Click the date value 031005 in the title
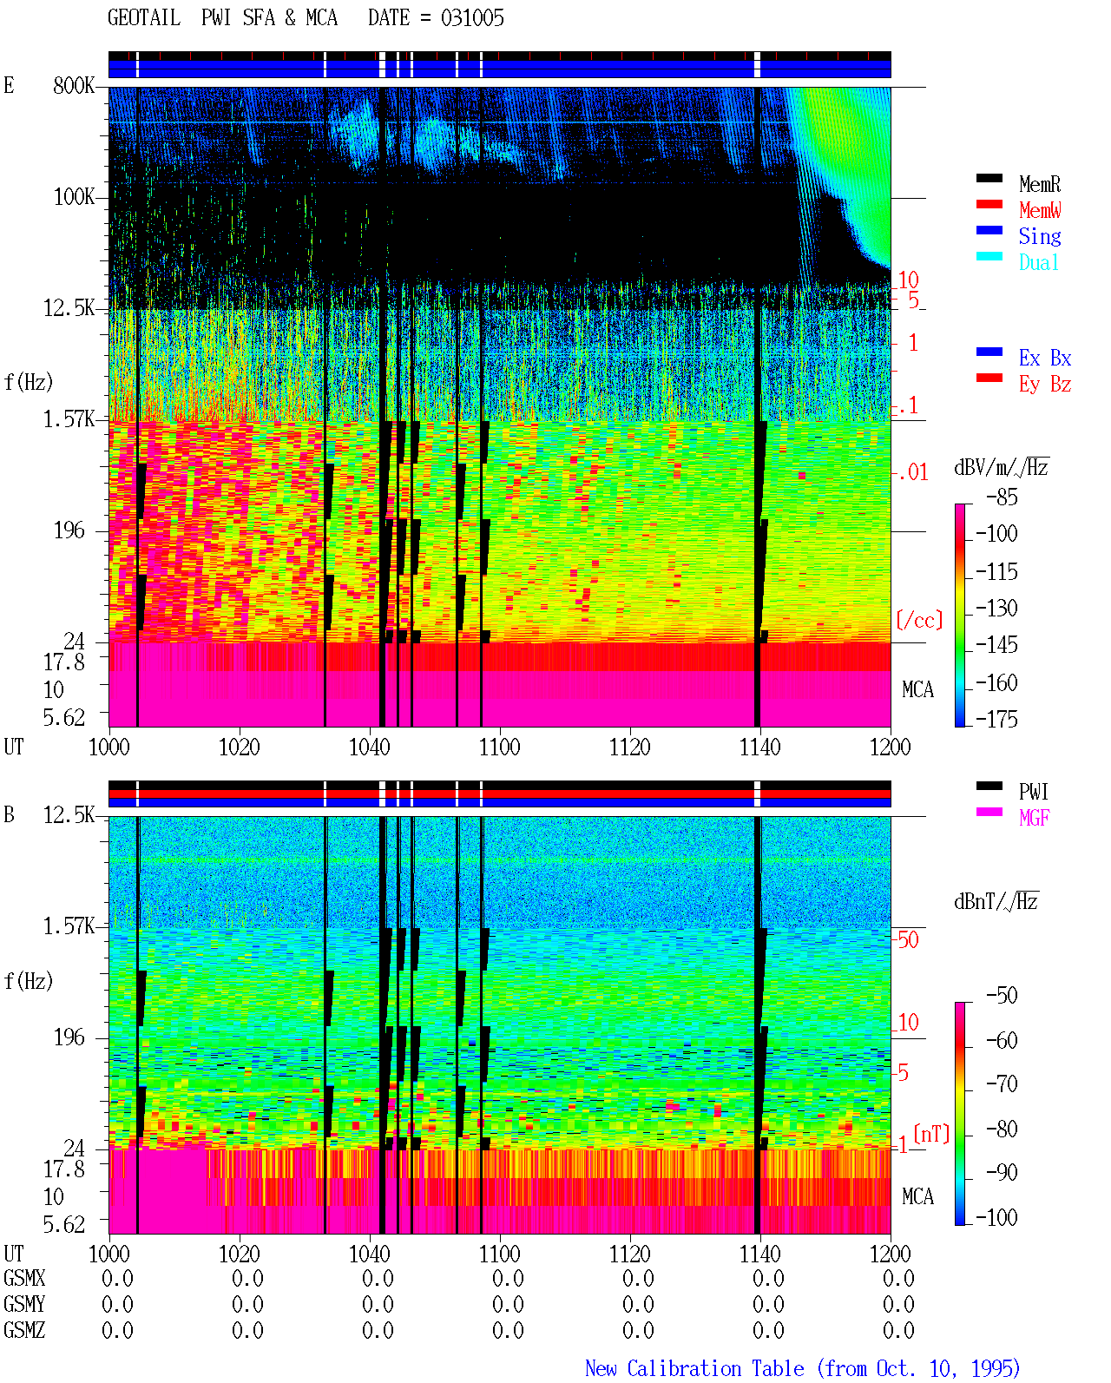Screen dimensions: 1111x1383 coord(472,18)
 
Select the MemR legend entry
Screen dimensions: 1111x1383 coord(1039,184)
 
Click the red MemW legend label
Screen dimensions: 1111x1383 coord(1039,210)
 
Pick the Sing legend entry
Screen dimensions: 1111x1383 coord(1039,236)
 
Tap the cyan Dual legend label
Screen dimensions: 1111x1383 coord(1039,262)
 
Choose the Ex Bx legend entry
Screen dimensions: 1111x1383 coord(1044,358)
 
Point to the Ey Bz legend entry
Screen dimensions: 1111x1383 coord(1044,385)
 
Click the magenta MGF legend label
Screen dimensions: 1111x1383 coord(1034,818)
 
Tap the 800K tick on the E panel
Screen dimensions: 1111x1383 coord(74,85)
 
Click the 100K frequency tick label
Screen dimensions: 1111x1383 coord(74,197)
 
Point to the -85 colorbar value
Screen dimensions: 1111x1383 coord(1002,497)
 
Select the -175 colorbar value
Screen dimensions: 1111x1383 coord(996,719)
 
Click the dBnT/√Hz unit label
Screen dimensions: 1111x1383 coord(996,901)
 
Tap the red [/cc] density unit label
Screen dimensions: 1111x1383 coord(919,620)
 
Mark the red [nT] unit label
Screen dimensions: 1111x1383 coord(931,1134)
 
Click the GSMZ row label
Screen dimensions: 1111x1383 coord(24,1329)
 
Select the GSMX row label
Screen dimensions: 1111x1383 coord(24,1278)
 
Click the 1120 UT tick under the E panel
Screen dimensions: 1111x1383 coord(630,747)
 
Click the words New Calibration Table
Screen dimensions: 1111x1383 coord(694,1369)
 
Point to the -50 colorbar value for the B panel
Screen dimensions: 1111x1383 coord(1002,996)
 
